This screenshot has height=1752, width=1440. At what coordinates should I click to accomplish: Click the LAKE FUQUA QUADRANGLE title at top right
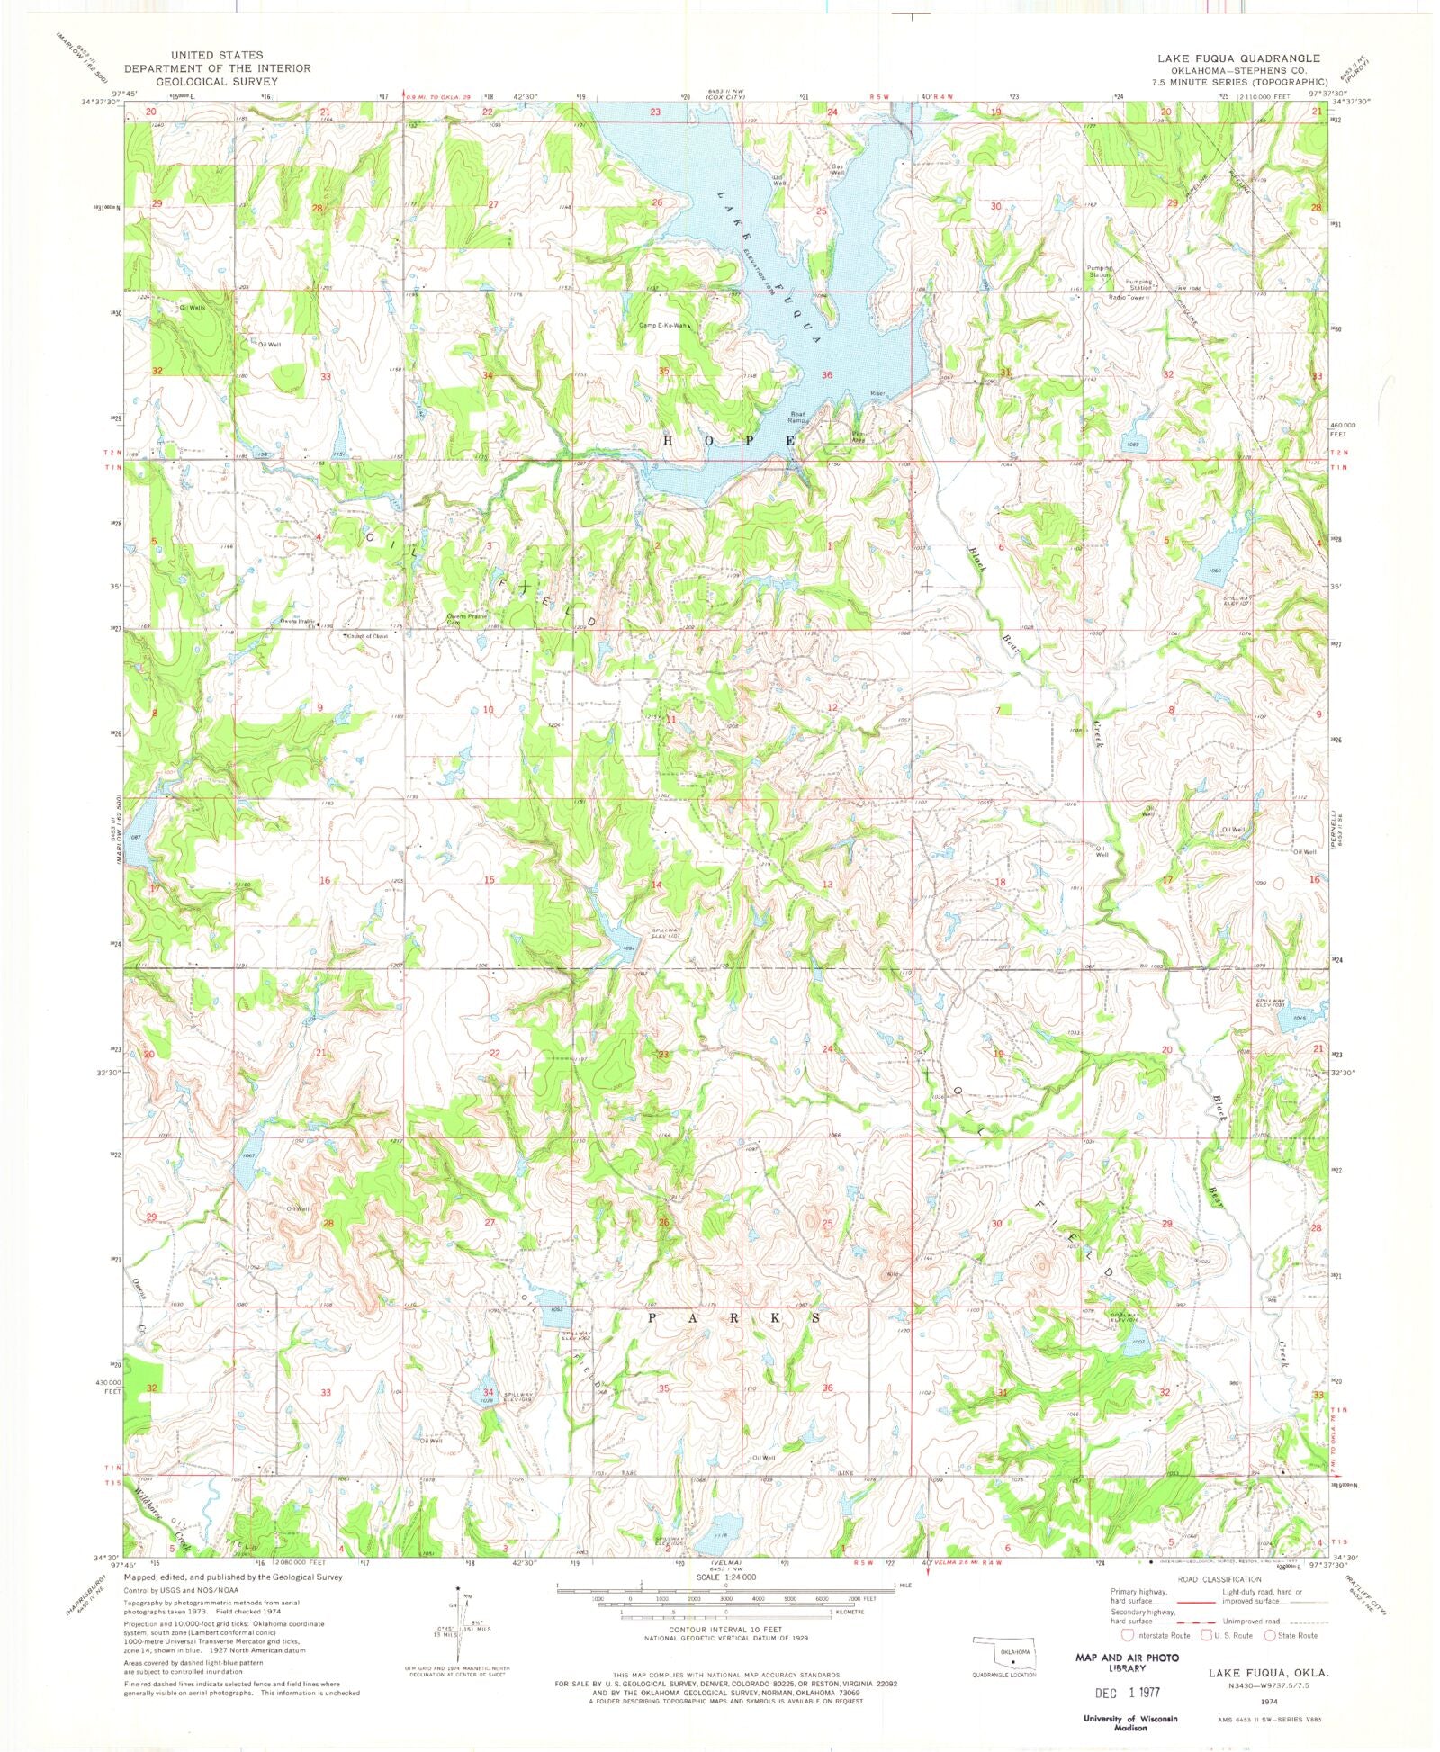pos(1238,58)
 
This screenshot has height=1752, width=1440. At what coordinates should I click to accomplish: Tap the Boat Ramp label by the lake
pos(797,418)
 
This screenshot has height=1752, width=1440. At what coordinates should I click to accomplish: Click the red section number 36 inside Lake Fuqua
pos(826,375)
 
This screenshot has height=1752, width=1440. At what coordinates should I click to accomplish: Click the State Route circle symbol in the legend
pos(1270,1635)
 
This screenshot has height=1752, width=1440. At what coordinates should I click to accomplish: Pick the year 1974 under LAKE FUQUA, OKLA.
pos(1269,1703)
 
